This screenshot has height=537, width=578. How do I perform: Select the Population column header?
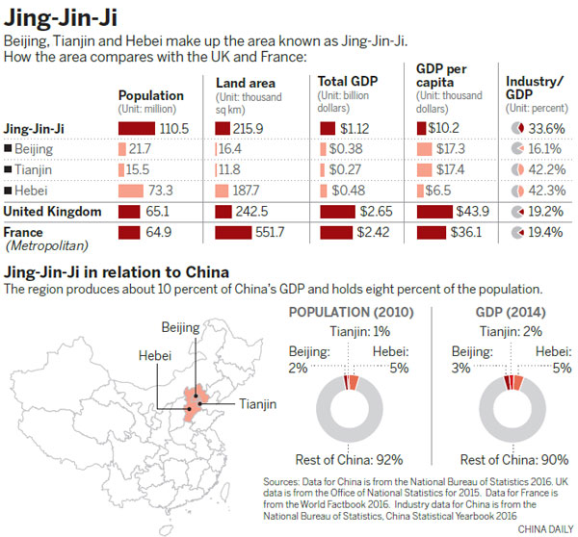pos(150,95)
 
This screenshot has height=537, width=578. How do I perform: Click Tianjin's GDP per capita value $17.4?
pos(463,169)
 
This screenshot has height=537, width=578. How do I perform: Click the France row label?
pos(25,232)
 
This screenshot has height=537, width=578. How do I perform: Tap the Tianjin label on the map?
pos(258,403)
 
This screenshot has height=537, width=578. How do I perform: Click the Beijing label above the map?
pos(180,327)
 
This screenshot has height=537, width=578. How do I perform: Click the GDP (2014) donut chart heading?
pos(509,314)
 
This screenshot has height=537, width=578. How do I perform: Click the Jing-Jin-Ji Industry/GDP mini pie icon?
pos(515,127)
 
